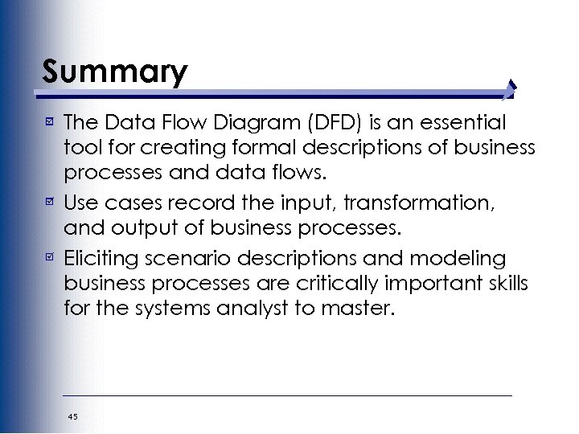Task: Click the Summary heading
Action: (115, 72)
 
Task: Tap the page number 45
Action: (73, 416)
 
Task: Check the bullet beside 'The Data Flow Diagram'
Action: (50, 123)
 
